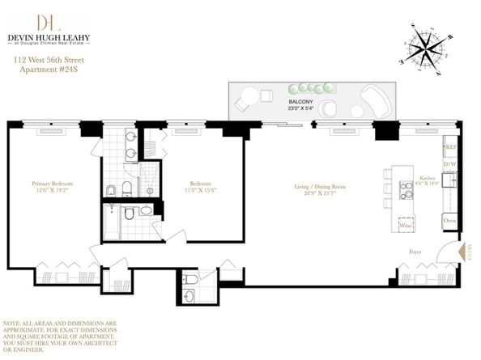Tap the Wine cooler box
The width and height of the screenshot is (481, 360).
point(406,226)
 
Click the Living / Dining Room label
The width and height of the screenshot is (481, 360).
point(321,187)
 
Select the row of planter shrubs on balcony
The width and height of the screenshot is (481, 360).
point(310,87)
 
